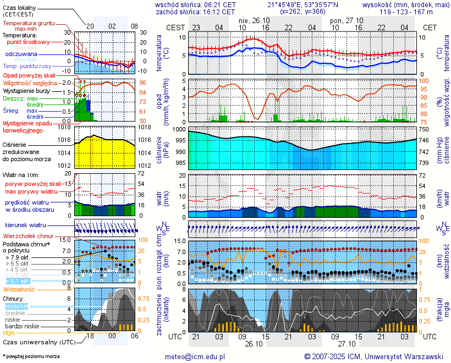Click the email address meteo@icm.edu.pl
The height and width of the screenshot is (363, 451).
pos(195,356)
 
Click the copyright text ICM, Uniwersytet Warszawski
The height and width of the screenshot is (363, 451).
pos(374,356)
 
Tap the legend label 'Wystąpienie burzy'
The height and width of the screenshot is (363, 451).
pos(29,90)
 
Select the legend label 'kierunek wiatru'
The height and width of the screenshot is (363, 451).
pos(25,226)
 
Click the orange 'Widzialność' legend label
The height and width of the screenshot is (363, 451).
pos(19,289)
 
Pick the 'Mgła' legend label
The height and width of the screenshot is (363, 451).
pos(9,333)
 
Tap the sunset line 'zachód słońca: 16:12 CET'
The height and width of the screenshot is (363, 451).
pos(195,12)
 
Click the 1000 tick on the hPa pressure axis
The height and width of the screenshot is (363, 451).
pos(180,129)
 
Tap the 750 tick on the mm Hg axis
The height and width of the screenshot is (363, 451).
pos(424,129)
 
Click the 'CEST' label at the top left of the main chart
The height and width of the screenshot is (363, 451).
pos(175,27)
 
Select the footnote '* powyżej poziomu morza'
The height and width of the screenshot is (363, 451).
pos(31,356)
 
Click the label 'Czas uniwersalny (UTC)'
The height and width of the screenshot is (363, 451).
pos(39,342)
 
